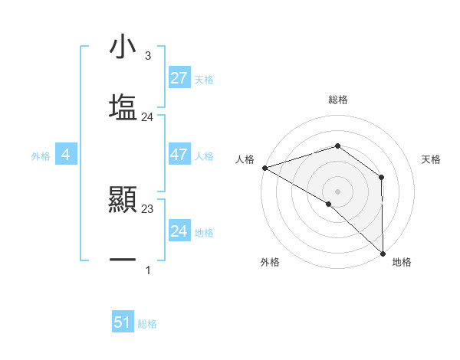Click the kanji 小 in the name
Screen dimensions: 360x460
[x=123, y=47]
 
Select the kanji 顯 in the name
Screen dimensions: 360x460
[x=123, y=201]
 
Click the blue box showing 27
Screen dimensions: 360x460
[x=179, y=78]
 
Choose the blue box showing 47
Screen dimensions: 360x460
[x=179, y=155]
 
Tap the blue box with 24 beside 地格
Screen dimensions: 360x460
[x=179, y=231]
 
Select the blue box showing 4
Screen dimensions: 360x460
[x=66, y=155]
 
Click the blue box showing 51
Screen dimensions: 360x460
[x=123, y=322]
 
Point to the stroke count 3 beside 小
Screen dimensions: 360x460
[x=148, y=56]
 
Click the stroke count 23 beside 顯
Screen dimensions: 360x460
[x=148, y=208]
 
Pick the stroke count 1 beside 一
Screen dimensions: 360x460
[x=148, y=270]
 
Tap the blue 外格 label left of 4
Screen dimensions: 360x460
[x=41, y=155]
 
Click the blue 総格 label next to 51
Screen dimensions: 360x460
[x=147, y=323]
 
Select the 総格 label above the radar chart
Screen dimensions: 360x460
[x=338, y=100]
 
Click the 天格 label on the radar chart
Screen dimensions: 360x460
[x=431, y=159]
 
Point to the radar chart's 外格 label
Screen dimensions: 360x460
[x=270, y=262]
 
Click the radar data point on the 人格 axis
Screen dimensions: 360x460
[x=264, y=167]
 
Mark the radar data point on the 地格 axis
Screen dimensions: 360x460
[x=383, y=252]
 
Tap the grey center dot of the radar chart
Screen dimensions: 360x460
[x=337, y=191]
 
